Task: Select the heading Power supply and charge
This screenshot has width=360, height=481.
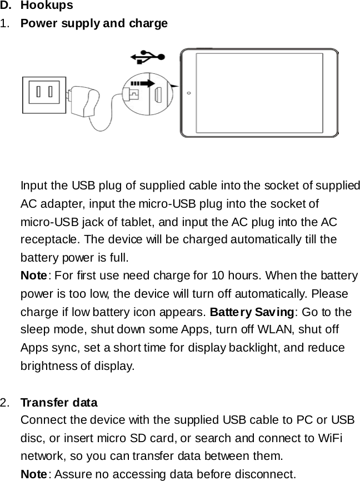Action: [x=94, y=24]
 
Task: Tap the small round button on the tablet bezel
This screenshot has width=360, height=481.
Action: [x=189, y=93]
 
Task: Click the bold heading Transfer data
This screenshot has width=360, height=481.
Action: [x=59, y=402]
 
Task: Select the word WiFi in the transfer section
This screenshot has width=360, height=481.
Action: [x=330, y=438]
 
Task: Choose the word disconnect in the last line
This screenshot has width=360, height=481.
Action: [x=263, y=474]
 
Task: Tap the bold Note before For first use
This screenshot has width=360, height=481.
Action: [x=33, y=276]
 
